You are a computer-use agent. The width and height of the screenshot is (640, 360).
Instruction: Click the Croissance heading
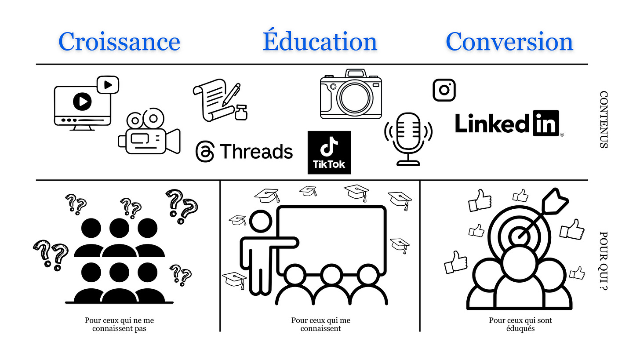(x=119, y=42)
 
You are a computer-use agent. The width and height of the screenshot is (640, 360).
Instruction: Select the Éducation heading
(x=320, y=42)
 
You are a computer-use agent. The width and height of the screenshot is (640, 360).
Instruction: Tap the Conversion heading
(x=509, y=42)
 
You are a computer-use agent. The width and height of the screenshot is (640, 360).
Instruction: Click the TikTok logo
(x=329, y=152)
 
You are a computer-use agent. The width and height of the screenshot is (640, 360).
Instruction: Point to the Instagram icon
(x=444, y=90)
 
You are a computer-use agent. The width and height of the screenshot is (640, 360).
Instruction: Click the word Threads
(x=256, y=152)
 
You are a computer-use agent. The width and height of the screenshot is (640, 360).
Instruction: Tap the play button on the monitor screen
(x=82, y=102)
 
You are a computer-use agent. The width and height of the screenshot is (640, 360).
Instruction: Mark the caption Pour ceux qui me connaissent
(x=320, y=324)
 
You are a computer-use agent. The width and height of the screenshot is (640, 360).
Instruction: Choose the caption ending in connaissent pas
(x=119, y=324)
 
